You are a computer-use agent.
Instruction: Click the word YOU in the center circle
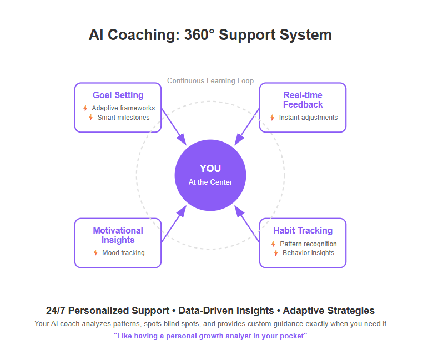click(210, 168)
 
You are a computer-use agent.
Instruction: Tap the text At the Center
click(210, 182)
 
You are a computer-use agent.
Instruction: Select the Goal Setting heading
click(118, 95)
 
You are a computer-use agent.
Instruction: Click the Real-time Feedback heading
click(303, 100)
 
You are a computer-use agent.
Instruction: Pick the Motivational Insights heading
click(118, 235)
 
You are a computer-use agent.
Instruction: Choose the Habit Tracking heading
click(303, 230)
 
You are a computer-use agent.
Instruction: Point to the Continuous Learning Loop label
click(210, 81)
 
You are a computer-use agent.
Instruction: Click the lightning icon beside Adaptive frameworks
click(85, 108)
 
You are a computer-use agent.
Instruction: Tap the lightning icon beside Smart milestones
click(90, 118)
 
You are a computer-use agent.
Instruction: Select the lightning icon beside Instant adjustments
click(272, 118)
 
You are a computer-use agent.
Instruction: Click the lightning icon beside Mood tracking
click(95, 253)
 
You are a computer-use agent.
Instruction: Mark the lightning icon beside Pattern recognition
click(273, 244)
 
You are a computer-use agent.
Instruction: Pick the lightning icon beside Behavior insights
click(276, 253)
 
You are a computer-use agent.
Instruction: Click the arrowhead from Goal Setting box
click(182, 140)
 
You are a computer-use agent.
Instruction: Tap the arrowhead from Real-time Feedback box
click(239, 140)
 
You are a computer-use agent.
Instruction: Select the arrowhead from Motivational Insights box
click(182, 211)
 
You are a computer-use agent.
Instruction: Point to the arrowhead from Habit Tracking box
click(239, 211)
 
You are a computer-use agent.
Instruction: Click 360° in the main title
click(199, 35)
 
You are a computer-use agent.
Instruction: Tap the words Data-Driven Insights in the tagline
click(226, 311)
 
